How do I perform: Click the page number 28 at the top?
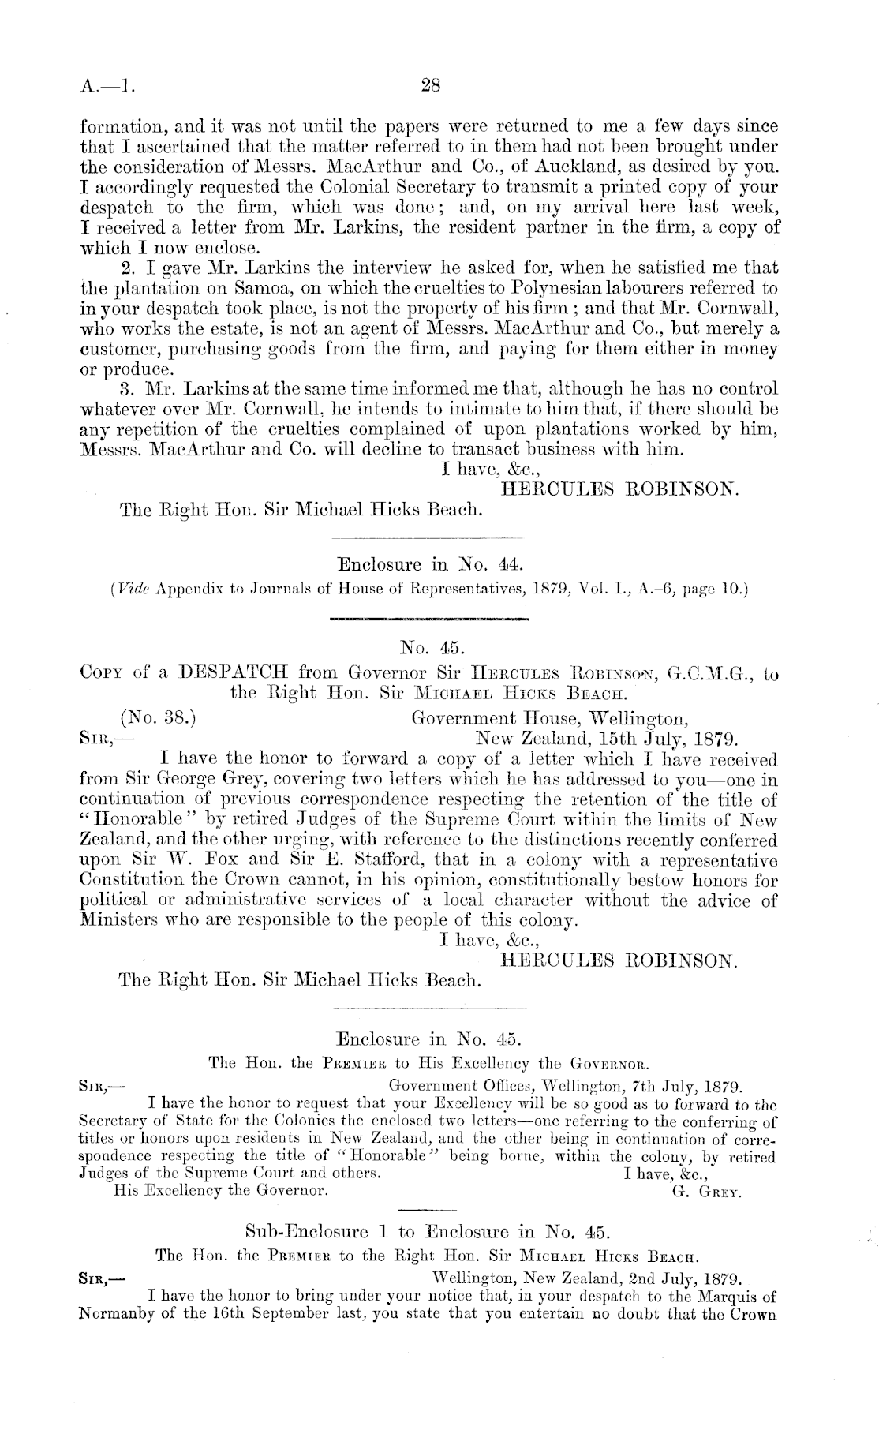pos(430,87)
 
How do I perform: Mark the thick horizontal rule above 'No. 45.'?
pos(431,619)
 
